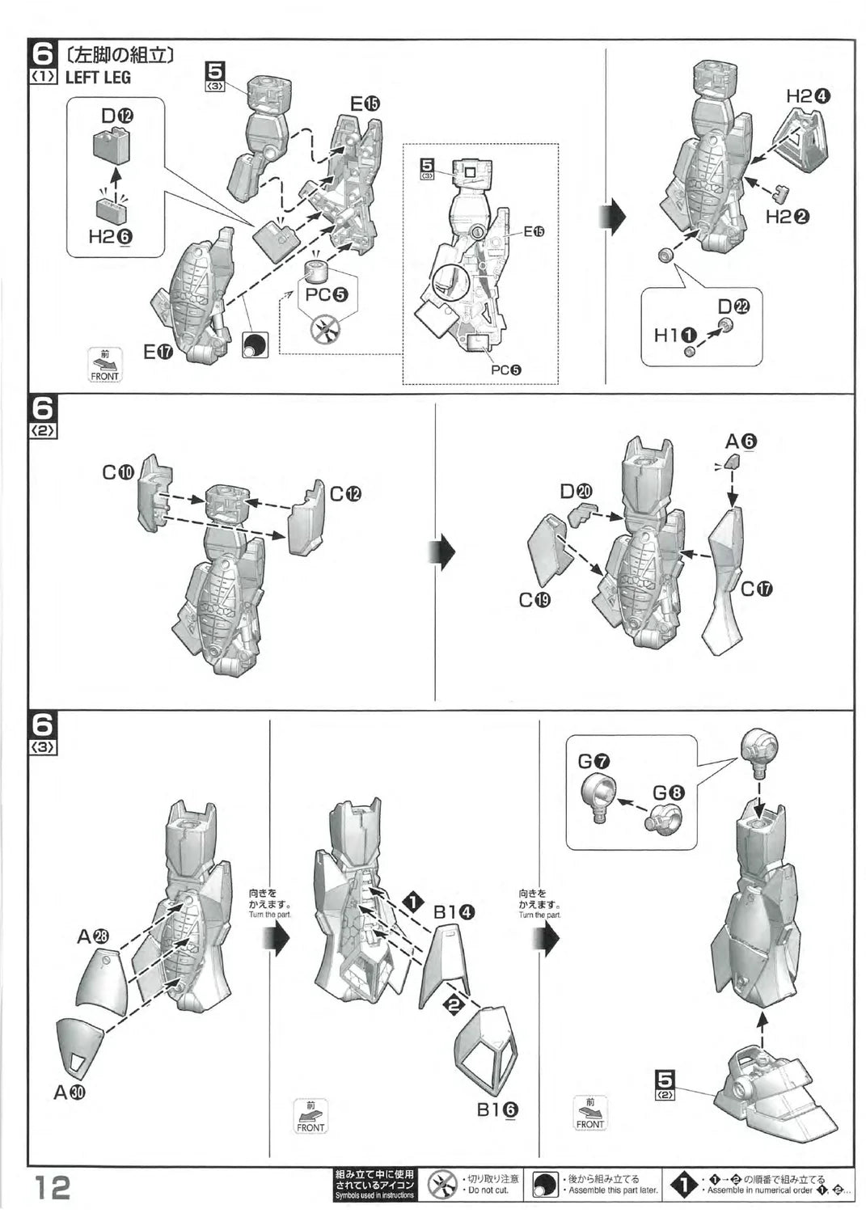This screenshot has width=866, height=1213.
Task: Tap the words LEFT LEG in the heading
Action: point(98,78)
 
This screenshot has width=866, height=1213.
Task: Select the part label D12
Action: point(117,116)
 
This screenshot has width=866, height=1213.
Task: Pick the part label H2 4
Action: point(808,95)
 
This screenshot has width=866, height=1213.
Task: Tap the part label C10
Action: point(117,473)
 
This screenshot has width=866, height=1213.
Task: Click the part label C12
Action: point(345,493)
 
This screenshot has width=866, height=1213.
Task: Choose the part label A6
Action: point(741,442)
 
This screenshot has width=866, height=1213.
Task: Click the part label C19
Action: point(535,600)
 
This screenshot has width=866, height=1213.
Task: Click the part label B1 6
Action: point(496,1110)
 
